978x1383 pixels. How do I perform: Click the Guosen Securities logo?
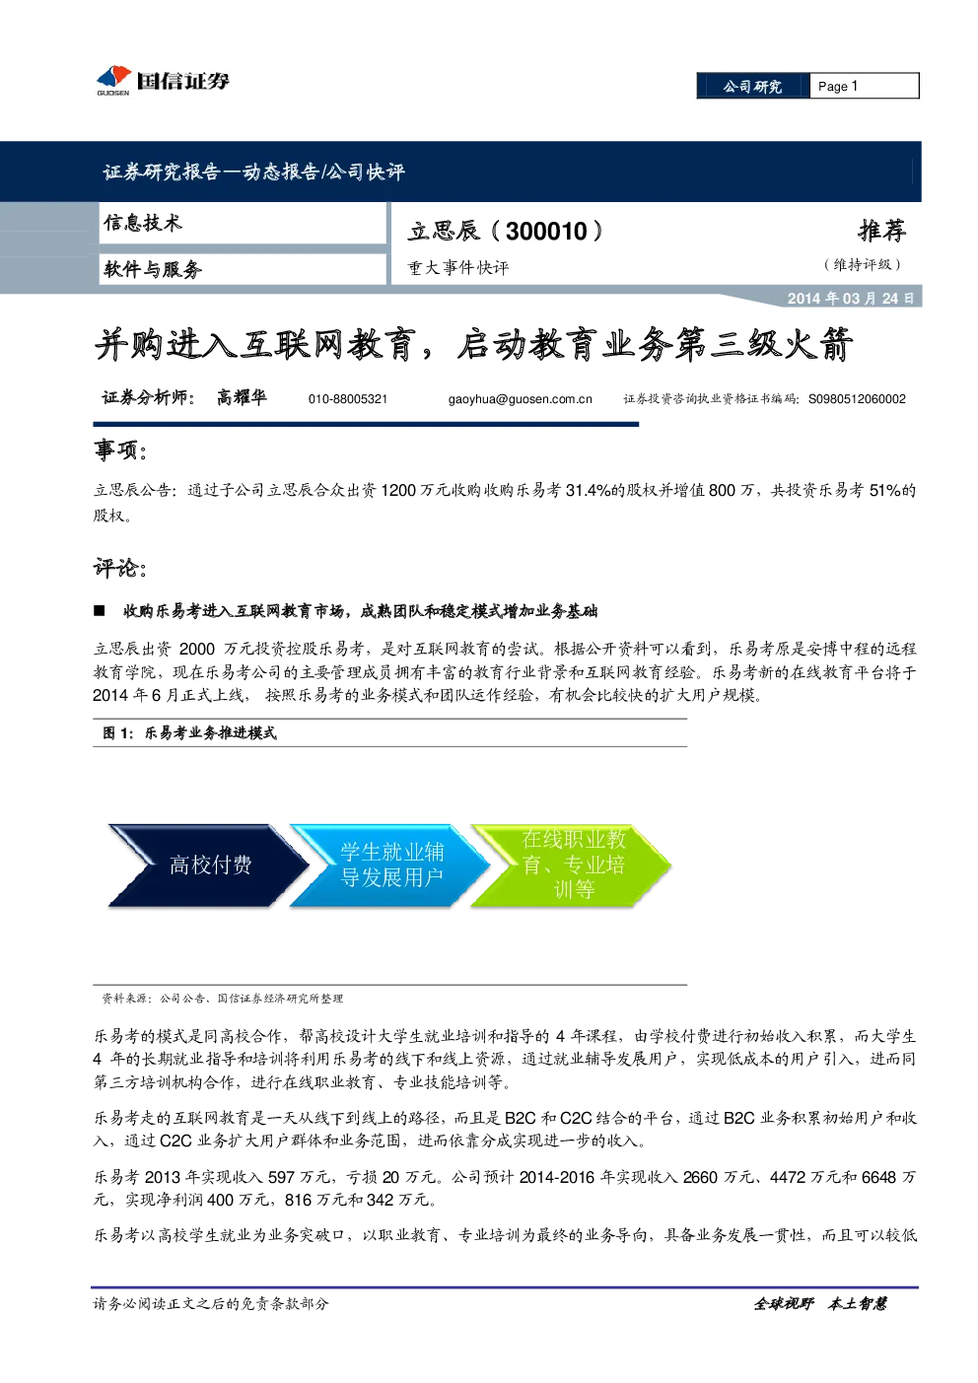[163, 81]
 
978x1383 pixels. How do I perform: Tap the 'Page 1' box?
[864, 86]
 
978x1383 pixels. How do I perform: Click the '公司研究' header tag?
[752, 86]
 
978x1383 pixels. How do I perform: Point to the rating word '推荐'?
[881, 231]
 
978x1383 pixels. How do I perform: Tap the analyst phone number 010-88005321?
[348, 399]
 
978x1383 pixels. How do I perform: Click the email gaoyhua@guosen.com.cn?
[520, 399]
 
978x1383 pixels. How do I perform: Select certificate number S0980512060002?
[857, 399]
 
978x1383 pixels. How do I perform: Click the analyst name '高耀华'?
[242, 397]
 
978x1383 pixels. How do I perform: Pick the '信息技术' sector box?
[243, 223]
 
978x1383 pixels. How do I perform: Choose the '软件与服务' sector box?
[243, 269]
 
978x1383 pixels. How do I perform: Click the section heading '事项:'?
[120, 450]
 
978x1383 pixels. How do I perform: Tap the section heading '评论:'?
[120, 568]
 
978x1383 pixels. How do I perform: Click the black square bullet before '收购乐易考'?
[99, 611]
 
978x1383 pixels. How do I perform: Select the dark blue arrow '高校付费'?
[208, 865]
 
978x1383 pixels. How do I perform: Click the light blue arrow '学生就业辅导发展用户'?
[390, 865]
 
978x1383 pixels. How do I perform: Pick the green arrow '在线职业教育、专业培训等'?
[571, 865]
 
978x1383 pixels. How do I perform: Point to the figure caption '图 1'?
[117, 732]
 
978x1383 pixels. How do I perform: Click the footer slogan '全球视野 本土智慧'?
[820, 1303]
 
